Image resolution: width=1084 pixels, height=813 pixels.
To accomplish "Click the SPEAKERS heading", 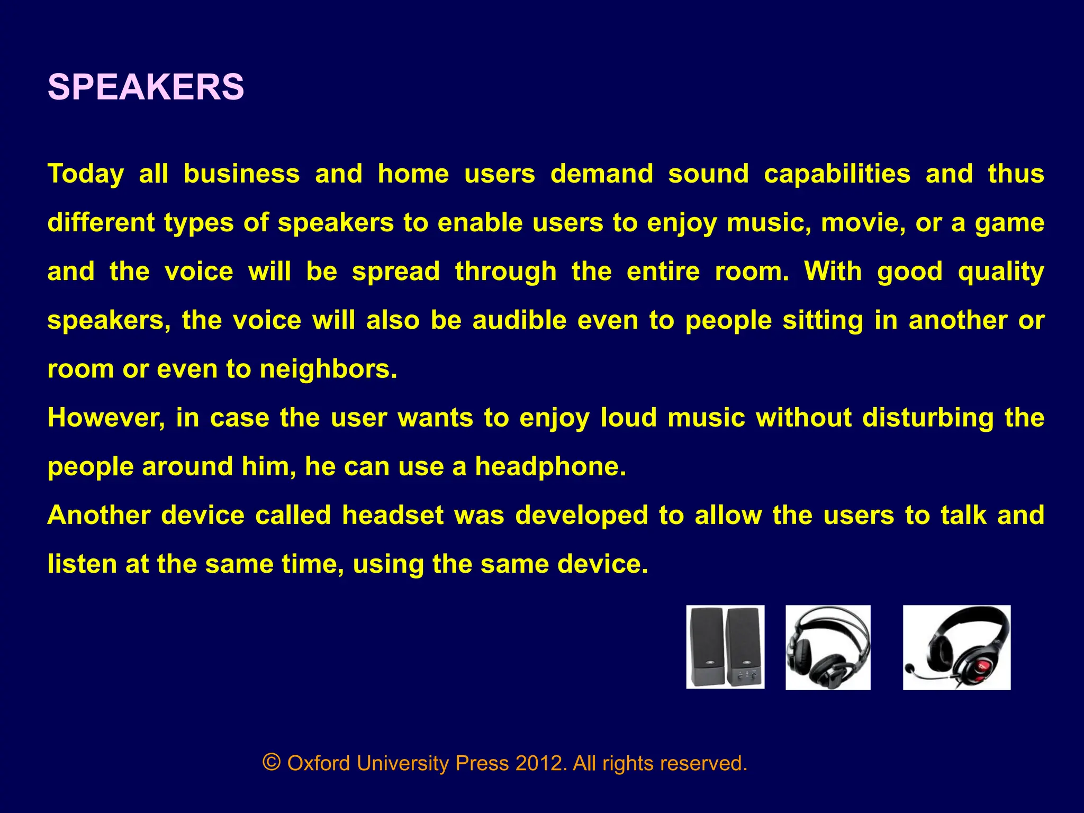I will coord(146,87).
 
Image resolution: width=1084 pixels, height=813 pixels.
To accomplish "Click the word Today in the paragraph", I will coord(86,174).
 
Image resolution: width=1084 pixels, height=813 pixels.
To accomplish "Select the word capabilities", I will coord(837,174).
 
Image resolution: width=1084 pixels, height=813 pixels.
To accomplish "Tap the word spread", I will coord(395,272).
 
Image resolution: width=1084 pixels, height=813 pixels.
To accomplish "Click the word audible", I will coord(519,320).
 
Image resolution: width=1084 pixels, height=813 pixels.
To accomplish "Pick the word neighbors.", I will coord(328,369).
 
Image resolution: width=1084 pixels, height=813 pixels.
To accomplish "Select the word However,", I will coord(106,418).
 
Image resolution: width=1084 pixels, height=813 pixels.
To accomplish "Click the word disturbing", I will coord(928,418).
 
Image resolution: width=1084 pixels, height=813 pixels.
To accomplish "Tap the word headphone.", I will coord(550,466).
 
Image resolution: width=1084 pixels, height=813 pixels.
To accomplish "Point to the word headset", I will coord(392,515).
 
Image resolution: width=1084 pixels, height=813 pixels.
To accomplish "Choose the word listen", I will coord(82,564).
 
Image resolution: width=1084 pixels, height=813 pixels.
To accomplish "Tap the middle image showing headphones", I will coord(828,647).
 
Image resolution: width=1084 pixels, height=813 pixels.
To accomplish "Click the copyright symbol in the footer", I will coord(271,763).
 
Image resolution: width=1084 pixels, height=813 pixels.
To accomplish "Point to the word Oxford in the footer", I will coord(318,763).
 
